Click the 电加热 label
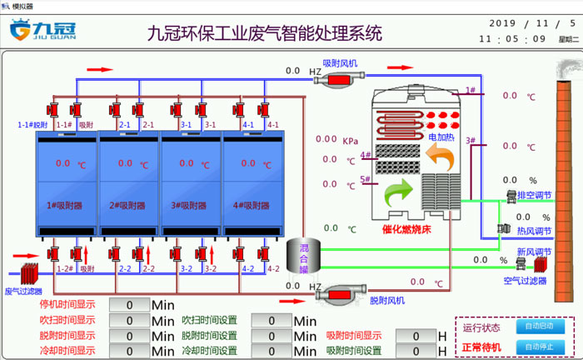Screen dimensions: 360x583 pos(441,136)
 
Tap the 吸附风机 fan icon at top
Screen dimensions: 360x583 pos(341,77)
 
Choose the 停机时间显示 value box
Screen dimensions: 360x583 pos(129,305)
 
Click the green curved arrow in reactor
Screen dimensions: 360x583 pos(398,197)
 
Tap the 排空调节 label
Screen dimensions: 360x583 pos(534,195)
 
